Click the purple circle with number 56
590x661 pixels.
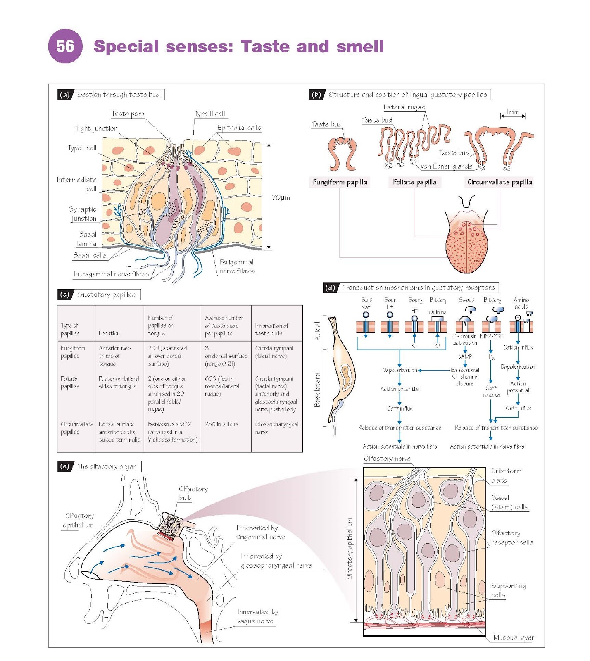(x=65, y=46)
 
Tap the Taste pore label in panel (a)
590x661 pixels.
(x=128, y=114)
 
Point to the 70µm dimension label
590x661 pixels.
(x=281, y=197)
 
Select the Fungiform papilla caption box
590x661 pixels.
(x=340, y=182)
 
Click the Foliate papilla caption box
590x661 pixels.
(x=414, y=182)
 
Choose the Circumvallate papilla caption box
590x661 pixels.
(x=500, y=182)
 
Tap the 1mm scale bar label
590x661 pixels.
(x=513, y=112)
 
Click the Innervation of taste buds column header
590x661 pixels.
(x=272, y=329)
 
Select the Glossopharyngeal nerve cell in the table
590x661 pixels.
(x=276, y=428)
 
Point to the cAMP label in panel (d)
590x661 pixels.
(x=465, y=356)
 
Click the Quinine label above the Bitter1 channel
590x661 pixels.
(x=438, y=312)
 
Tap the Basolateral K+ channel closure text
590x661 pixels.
(x=465, y=377)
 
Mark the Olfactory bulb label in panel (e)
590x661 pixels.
(x=193, y=493)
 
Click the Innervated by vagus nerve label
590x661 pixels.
(x=258, y=616)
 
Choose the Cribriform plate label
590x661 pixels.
(x=506, y=476)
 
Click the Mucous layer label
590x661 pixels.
(x=514, y=637)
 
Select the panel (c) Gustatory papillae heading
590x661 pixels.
(x=106, y=295)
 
